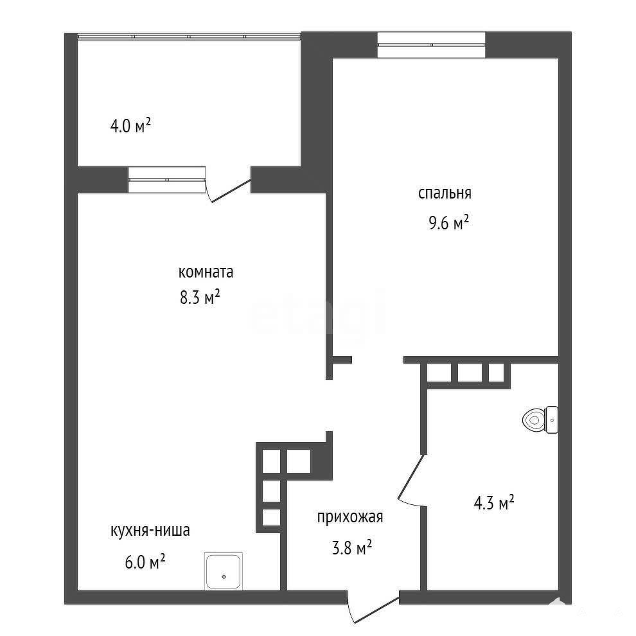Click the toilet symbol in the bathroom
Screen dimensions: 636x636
(540, 420)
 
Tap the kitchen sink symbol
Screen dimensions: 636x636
(224, 571)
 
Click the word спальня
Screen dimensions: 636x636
(445, 193)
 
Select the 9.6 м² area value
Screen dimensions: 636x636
(448, 222)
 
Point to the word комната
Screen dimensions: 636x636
(206, 272)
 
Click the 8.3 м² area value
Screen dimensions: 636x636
(200, 297)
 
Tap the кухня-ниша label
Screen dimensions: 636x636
(150, 531)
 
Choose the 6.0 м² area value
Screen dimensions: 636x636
(145, 561)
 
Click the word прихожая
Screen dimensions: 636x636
(350, 518)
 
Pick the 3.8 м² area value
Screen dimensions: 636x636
(352, 547)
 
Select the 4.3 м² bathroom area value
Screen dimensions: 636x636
(494, 503)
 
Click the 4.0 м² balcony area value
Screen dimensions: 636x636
(130, 126)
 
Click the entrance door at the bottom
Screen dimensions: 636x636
(373, 606)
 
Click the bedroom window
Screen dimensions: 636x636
(431, 45)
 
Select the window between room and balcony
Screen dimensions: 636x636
(166, 180)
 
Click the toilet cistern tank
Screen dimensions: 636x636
(552, 420)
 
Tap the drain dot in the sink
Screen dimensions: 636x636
(224, 576)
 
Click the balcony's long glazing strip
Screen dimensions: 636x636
(189, 37)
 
